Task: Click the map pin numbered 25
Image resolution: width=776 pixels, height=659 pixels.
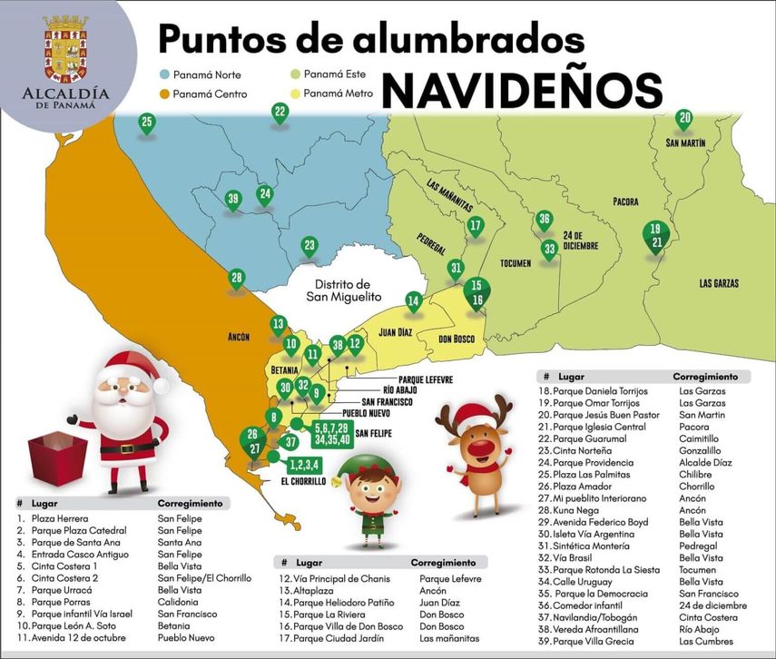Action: coord(147,123)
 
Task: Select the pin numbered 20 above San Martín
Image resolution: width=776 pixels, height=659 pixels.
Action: coord(685,119)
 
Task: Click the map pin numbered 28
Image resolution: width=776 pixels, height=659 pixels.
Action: coord(237,279)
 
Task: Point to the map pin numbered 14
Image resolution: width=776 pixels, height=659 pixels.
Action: coord(414,301)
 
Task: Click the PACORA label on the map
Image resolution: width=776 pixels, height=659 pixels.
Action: coord(625,202)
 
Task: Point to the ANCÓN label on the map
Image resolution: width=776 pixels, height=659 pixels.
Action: coord(239,337)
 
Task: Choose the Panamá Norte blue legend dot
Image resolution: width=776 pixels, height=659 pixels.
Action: coord(165,75)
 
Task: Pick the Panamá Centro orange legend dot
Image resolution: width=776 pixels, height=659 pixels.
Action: coord(165,93)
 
